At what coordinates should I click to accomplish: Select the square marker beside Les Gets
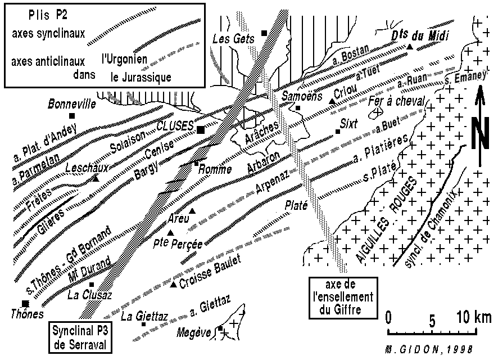point(264,33)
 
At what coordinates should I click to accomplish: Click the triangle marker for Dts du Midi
point(410,47)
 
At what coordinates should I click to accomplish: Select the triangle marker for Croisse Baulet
point(173,283)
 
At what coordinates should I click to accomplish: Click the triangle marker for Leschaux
point(95,178)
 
